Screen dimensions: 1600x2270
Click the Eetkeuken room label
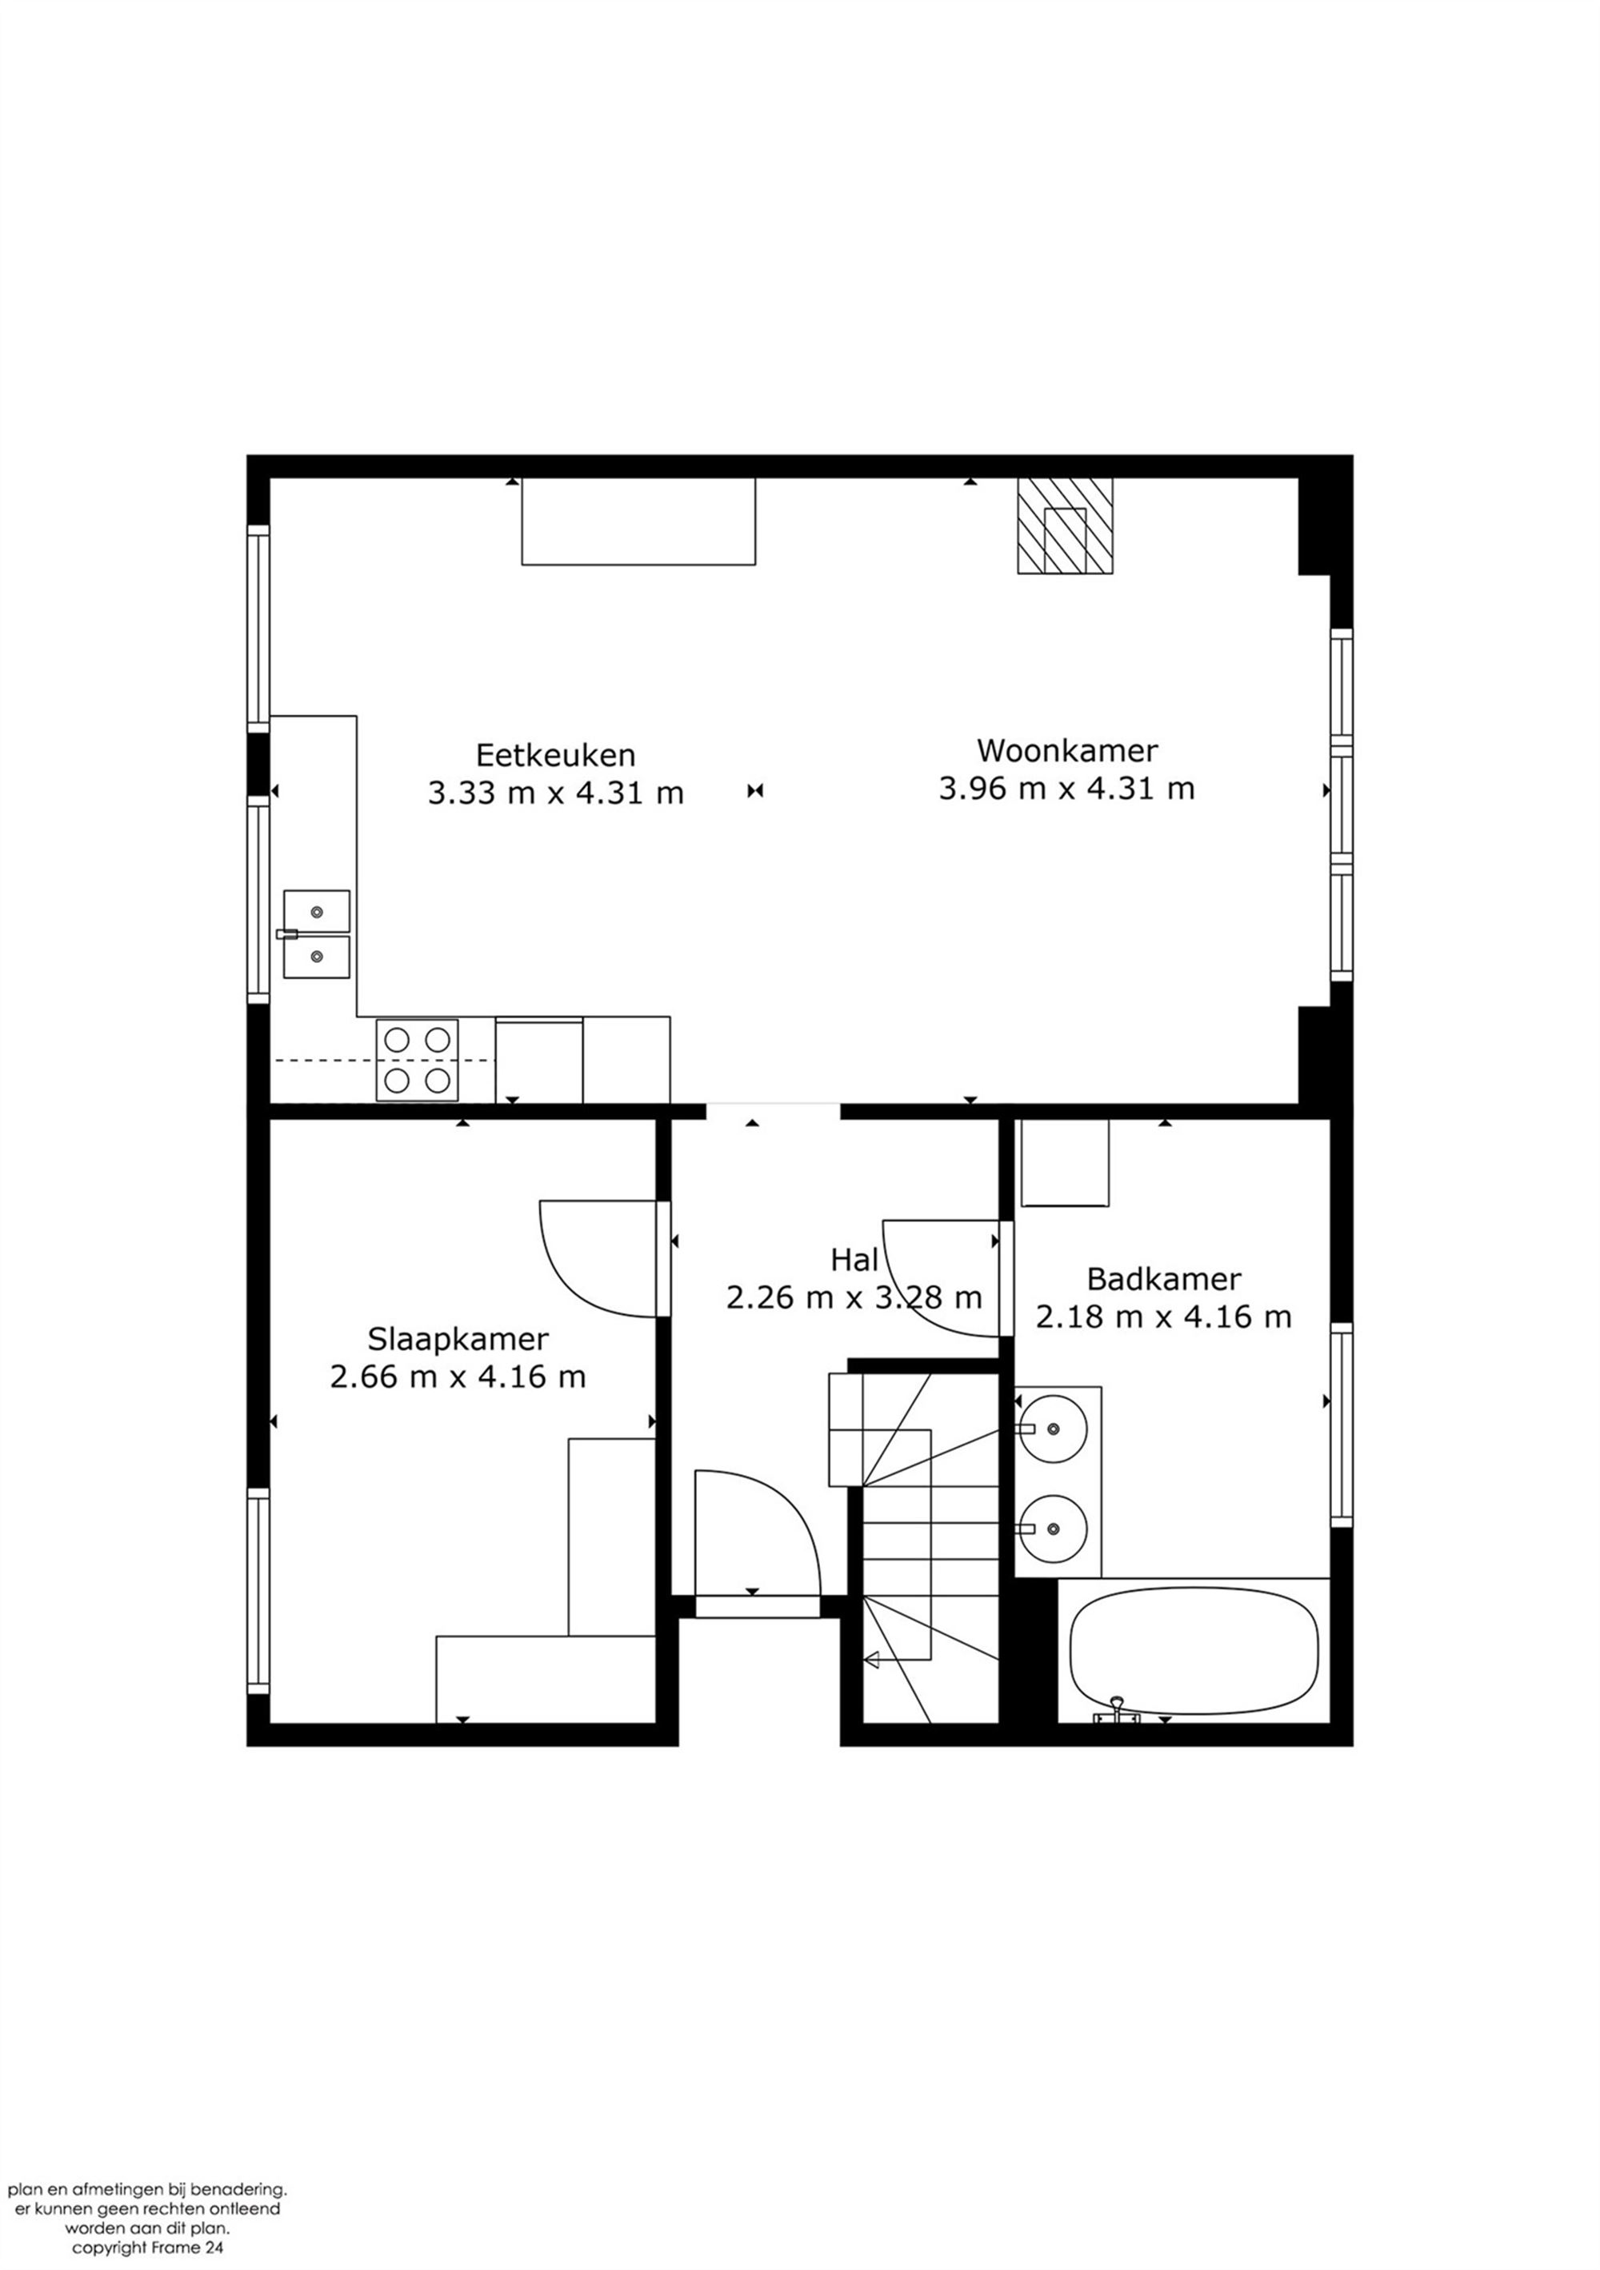[x=556, y=755]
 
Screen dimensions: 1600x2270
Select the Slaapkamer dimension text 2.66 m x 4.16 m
[x=458, y=1377]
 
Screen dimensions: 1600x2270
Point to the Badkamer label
[x=1163, y=1279]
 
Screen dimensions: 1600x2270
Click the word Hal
[x=854, y=1260]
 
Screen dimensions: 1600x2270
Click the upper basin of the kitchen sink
[x=317, y=910]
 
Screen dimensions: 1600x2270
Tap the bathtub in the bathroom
[x=1194, y=1652]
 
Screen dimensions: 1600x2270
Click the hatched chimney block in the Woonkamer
[x=1065, y=526]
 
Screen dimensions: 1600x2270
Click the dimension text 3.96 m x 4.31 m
[x=1067, y=789]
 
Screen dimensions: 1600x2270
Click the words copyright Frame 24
[x=146, y=2248]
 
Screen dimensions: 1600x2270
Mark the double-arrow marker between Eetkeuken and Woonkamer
[x=755, y=791]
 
